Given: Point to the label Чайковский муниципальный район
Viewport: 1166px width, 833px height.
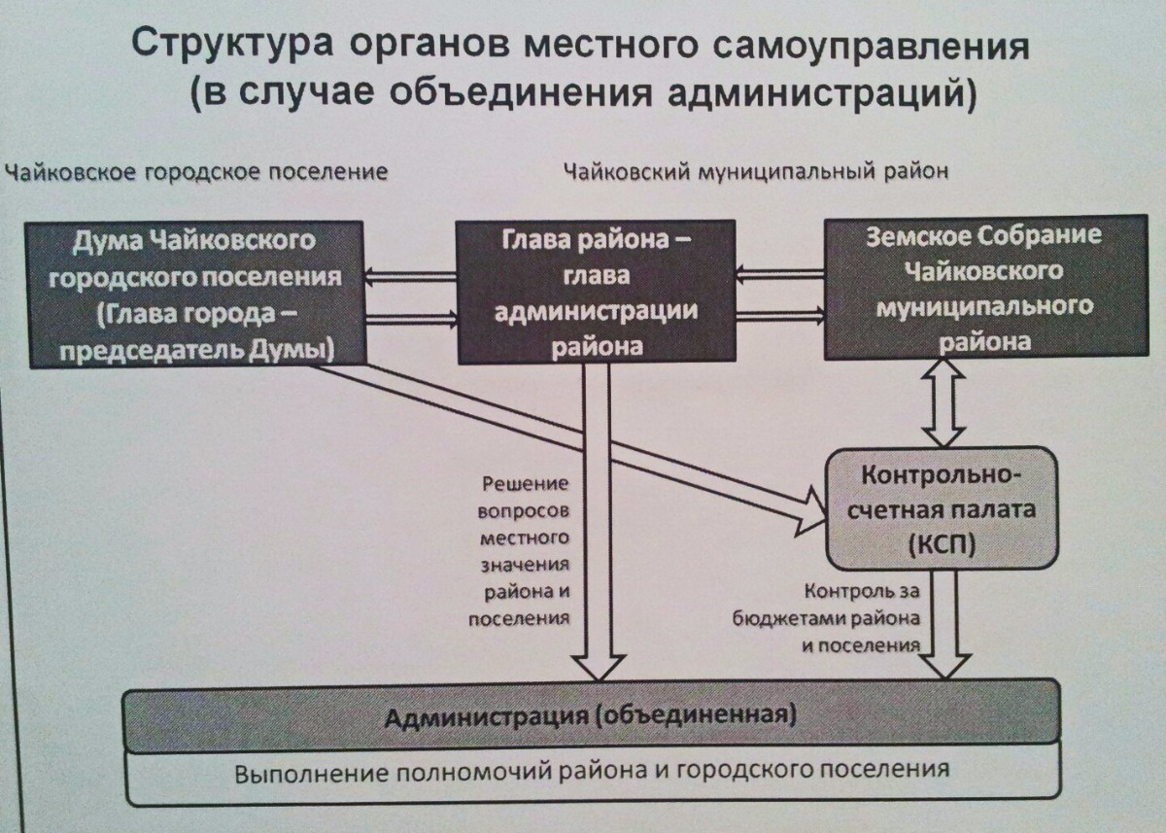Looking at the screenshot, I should tap(755, 172).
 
